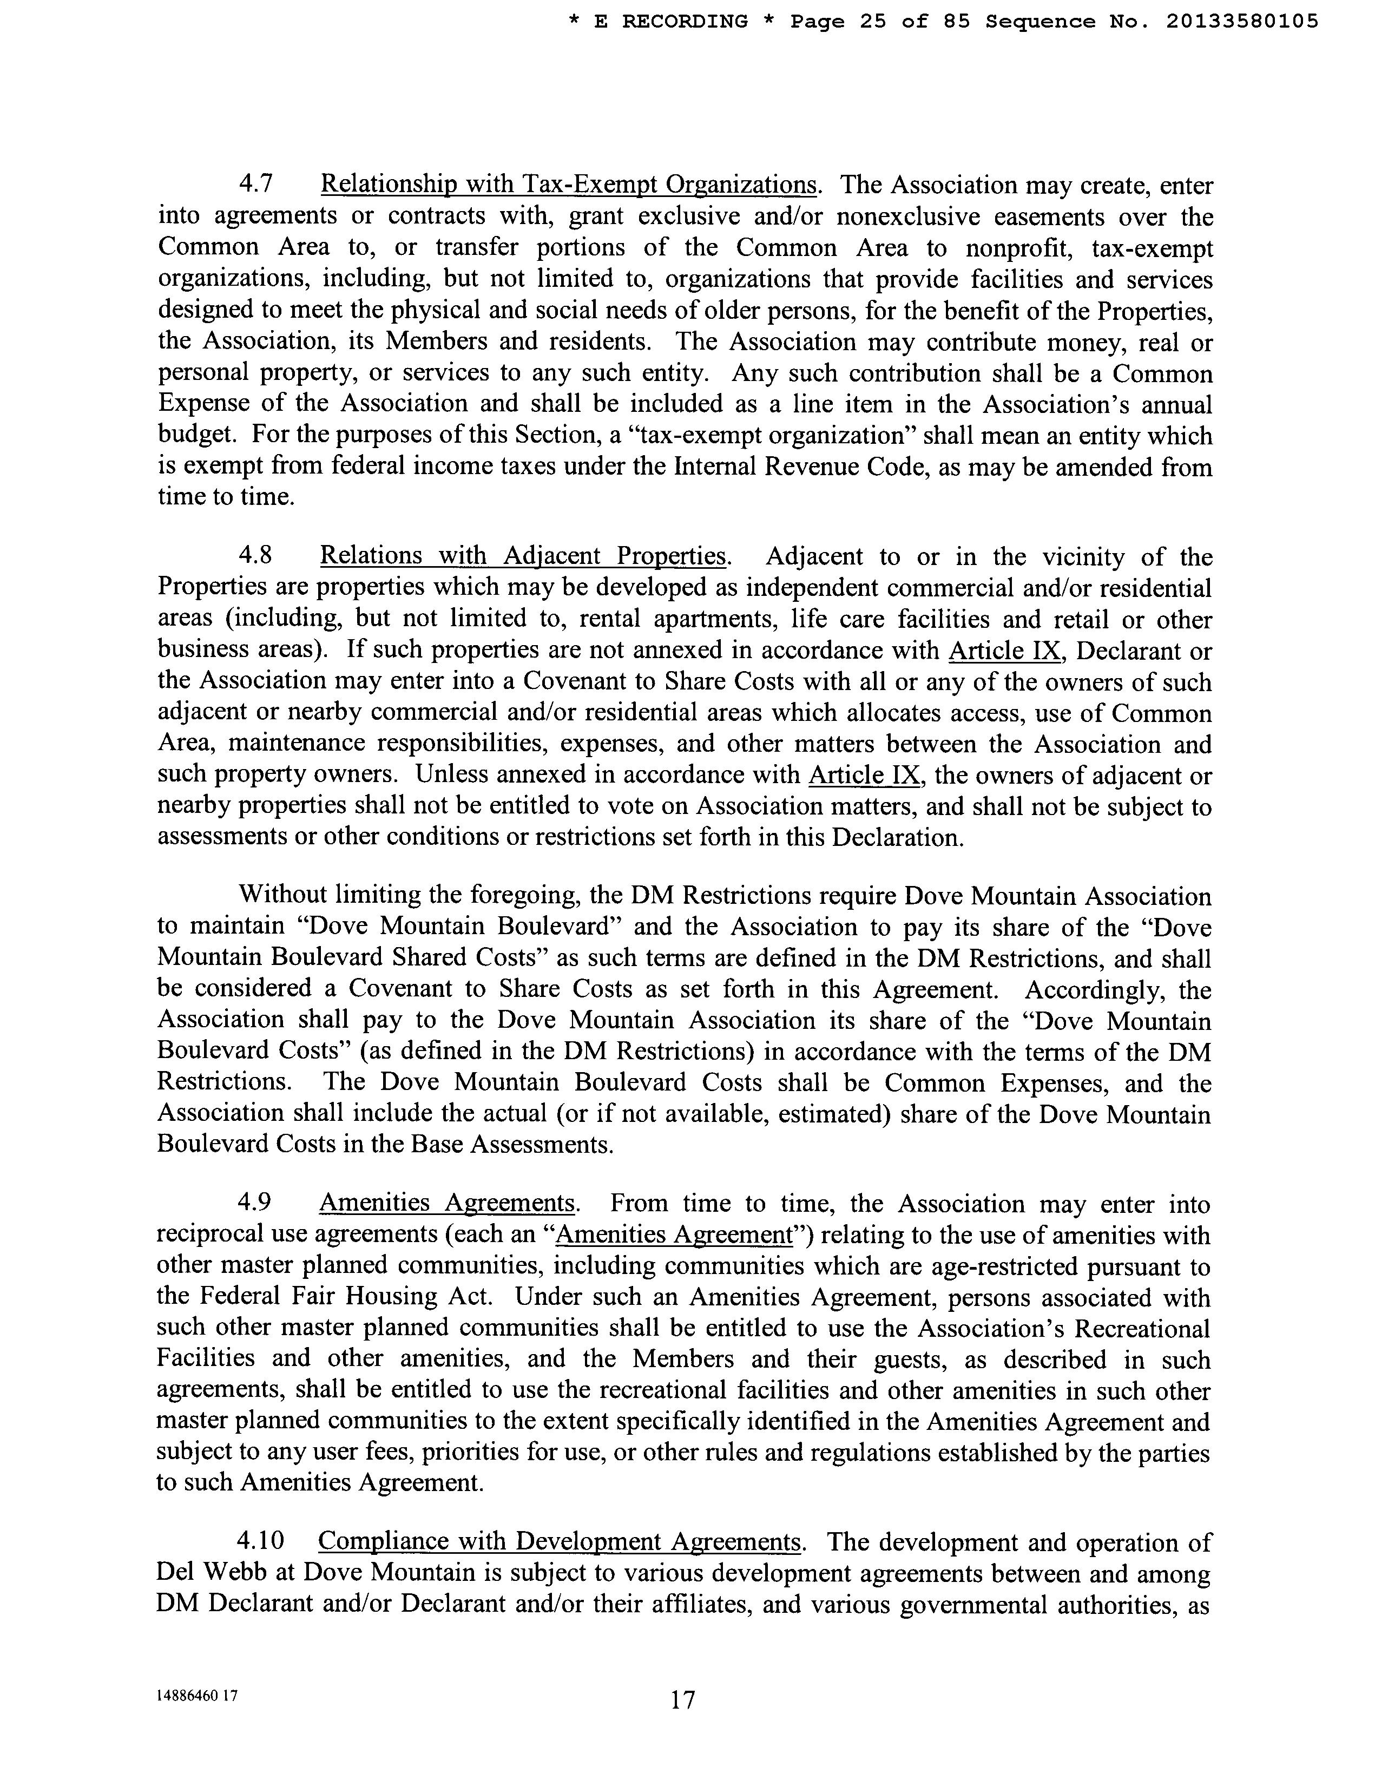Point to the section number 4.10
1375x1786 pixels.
pos(260,1541)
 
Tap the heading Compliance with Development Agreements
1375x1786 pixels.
pos(559,1541)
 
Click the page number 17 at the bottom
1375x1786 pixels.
pos(682,1700)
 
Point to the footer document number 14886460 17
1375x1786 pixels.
pos(197,1695)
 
